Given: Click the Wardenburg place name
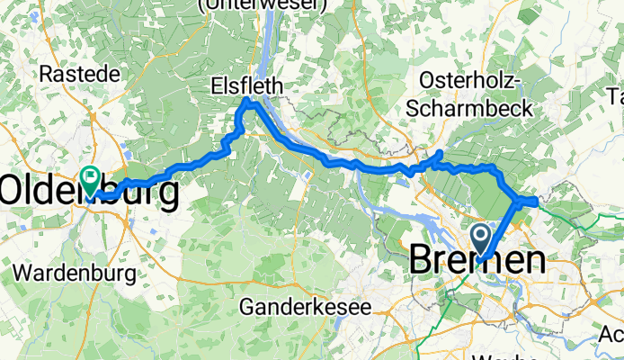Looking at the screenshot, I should tap(75, 271).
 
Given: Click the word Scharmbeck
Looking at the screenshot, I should tap(468, 108).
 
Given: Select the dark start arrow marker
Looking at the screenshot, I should tap(480, 240).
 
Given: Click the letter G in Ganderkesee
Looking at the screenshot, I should tap(245, 307).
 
